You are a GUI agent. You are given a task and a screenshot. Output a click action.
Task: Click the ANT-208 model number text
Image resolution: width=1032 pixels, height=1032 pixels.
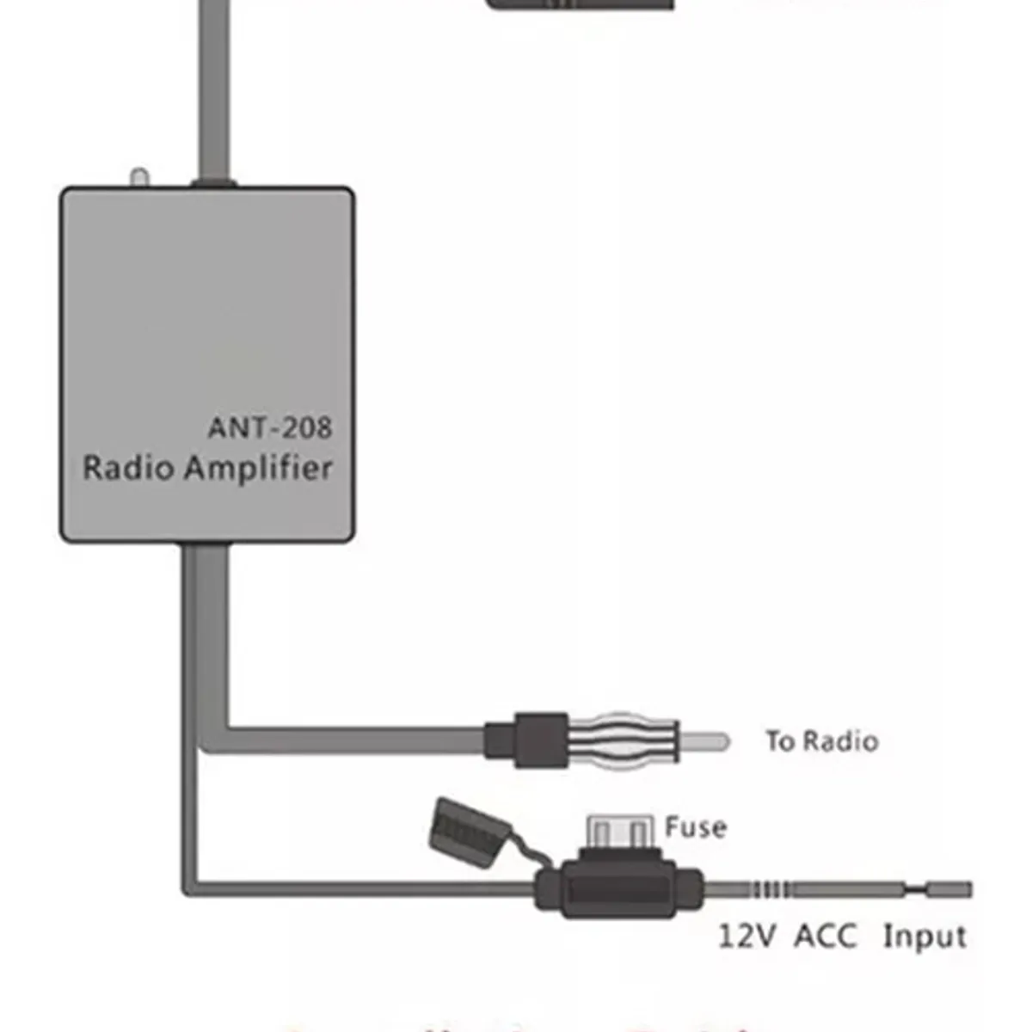pyautogui.click(x=269, y=427)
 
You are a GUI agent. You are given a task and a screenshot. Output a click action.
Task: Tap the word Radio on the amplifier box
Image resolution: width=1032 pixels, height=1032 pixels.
pyautogui.click(x=128, y=469)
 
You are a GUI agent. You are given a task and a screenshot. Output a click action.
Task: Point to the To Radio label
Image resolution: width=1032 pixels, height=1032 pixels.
pyautogui.click(x=821, y=741)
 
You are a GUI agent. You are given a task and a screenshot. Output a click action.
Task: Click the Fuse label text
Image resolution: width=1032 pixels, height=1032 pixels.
pyautogui.click(x=695, y=827)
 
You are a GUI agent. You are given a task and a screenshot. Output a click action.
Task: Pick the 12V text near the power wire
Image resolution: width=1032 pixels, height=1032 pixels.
pyautogui.click(x=746, y=936)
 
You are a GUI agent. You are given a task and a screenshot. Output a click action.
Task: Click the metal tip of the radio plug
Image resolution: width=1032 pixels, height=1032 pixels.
pyautogui.click(x=705, y=740)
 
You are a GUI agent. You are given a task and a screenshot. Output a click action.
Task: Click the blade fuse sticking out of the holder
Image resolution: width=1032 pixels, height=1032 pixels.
pyautogui.click(x=617, y=832)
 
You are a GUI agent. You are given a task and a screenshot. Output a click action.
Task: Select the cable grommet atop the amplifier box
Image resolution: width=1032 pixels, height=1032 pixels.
pyautogui.click(x=213, y=182)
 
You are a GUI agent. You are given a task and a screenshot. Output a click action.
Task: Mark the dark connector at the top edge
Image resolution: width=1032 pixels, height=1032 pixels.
pyautogui.click(x=581, y=4)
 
